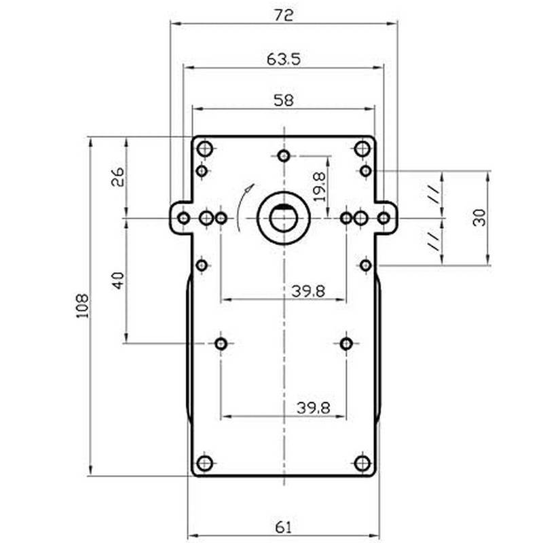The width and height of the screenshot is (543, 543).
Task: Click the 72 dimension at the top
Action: coord(284,15)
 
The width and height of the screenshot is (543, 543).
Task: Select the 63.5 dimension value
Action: coord(284,60)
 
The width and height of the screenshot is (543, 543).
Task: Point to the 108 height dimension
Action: coord(82,307)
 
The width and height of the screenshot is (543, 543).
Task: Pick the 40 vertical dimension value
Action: coord(118,280)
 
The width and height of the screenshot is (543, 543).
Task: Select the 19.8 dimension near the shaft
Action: coord(320,185)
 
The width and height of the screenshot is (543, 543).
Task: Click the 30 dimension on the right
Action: coord(480,217)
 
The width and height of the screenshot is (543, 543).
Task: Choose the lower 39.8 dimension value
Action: coord(313,407)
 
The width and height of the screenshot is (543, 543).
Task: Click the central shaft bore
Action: coord(284,218)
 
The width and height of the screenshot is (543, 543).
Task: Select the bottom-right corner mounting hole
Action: coord(362,464)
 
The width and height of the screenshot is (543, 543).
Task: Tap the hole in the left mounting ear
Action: coord(184,218)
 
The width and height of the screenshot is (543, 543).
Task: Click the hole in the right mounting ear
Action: coord(383,218)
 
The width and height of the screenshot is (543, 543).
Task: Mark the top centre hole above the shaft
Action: coord(284,155)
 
